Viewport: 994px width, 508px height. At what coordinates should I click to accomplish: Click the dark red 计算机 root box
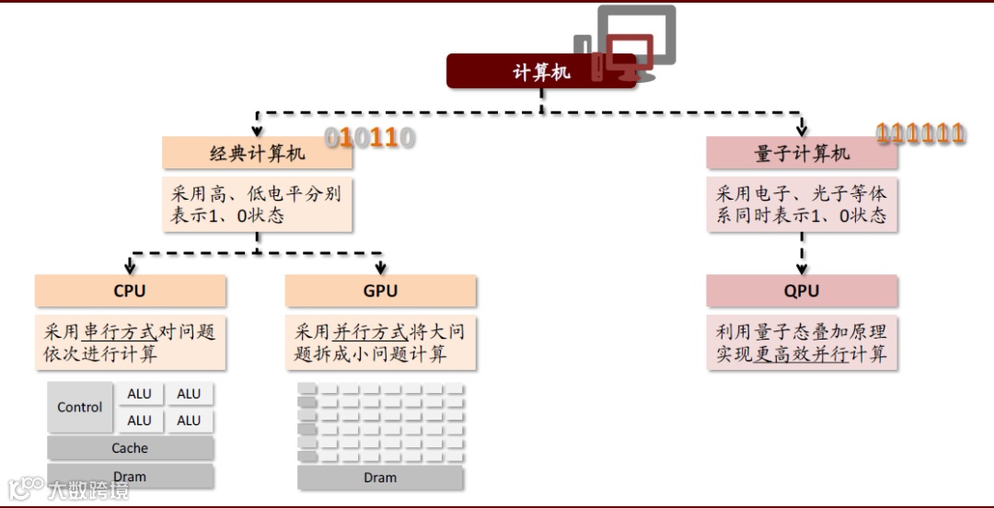tap(541, 72)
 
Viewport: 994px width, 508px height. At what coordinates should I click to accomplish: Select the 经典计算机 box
tap(257, 154)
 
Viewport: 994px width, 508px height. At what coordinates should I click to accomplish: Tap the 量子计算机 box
tap(802, 154)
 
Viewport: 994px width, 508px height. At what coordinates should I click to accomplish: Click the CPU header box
tap(130, 291)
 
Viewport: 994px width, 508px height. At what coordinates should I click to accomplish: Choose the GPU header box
tap(380, 291)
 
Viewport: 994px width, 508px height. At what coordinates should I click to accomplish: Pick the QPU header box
tap(802, 291)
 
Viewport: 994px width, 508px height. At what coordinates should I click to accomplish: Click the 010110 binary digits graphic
tap(370, 138)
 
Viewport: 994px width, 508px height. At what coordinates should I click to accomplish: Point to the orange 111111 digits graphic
tap(920, 134)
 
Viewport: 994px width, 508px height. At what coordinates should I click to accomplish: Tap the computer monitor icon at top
tap(635, 41)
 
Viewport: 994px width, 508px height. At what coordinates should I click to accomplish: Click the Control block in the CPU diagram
tap(80, 407)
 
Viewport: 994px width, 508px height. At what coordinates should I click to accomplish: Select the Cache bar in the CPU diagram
tap(130, 448)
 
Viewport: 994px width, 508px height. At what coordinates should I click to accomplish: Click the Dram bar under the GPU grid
tap(380, 478)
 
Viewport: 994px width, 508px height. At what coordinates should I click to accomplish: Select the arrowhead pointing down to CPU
tap(130, 268)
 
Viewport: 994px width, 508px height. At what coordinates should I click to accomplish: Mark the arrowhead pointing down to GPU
tap(380, 268)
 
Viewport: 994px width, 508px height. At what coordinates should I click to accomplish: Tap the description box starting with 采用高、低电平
tap(257, 205)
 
